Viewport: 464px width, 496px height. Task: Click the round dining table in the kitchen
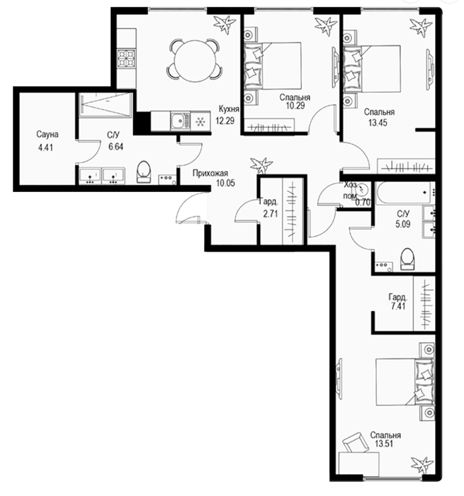point(193,59)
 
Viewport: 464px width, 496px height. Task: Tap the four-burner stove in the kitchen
point(127,59)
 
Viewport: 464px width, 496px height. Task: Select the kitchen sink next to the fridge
point(180,120)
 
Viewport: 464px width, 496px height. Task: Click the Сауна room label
point(47,135)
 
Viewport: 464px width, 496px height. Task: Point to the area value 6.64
point(115,147)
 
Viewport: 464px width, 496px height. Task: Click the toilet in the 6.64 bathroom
point(144,171)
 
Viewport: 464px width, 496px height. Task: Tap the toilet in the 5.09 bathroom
point(407,259)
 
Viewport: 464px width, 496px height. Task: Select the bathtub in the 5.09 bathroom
point(403,193)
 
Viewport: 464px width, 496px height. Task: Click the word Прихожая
point(210,174)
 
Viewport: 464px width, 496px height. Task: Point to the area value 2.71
point(271,213)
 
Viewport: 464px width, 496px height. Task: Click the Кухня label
point(229,109)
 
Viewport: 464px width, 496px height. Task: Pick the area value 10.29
point(295,106)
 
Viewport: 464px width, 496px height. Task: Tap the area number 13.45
point(378,123)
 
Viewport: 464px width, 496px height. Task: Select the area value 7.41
point(398,306)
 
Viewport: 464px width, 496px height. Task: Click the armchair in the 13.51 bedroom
point(356,443)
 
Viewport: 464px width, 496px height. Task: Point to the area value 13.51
point(384,444)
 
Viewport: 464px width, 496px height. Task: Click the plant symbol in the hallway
point(261,165)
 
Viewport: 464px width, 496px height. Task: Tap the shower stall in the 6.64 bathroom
point(105,105)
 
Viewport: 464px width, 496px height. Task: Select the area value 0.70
point(363,202)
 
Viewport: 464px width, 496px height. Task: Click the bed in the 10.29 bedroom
point(273,66)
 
